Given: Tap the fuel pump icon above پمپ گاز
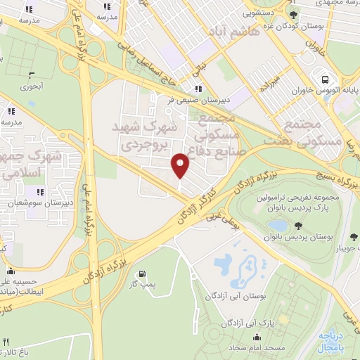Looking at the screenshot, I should [x=143, y=274].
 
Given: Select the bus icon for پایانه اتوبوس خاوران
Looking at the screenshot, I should [x=324, y=79].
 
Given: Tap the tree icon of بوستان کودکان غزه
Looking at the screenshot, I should [x=294, y=15].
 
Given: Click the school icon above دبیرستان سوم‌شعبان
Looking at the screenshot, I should [x=41, y=191].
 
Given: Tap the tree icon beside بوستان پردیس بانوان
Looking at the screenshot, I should [x=298, y=225].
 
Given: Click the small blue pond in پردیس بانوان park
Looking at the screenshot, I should [x=277, y=226].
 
